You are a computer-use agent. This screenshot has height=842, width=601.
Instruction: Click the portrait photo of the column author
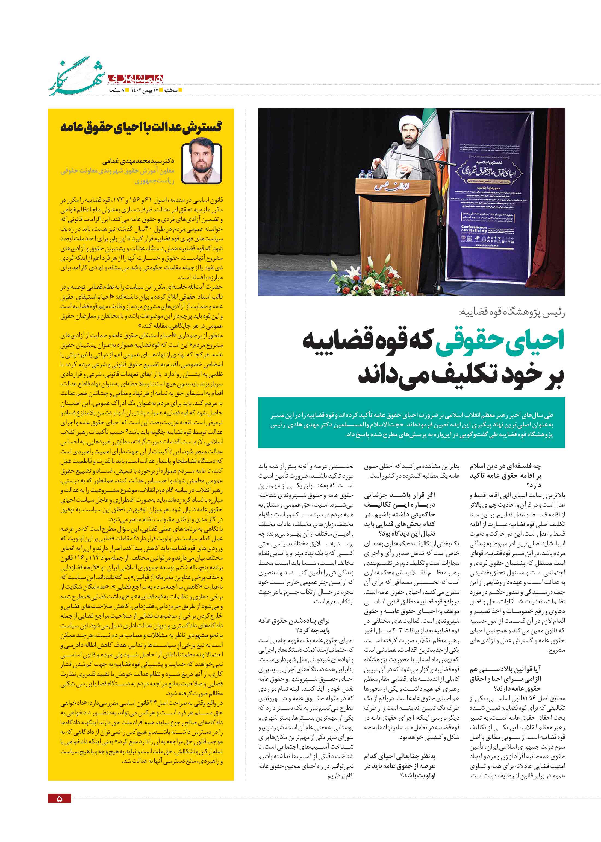202,163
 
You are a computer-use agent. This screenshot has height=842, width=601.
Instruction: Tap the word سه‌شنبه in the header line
171,90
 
